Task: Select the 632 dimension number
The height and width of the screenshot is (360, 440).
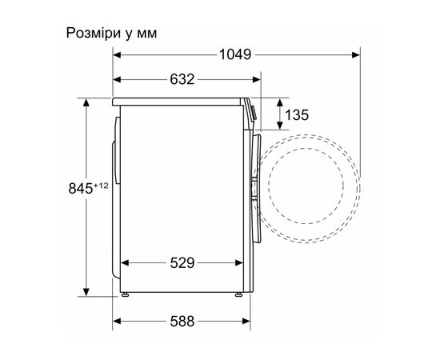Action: tap(182, 79)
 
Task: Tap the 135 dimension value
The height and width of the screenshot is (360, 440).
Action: tap(297, 115)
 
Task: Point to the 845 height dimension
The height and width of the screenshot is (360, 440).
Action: tap(81, 189)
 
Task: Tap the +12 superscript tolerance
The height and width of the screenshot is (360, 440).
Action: tap(100, 186)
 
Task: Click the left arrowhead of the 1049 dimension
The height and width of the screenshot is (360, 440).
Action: tap(117, 55)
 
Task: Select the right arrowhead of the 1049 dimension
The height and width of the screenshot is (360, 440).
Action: tap(354, 55)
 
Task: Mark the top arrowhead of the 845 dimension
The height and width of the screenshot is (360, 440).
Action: tap(85, 102)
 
